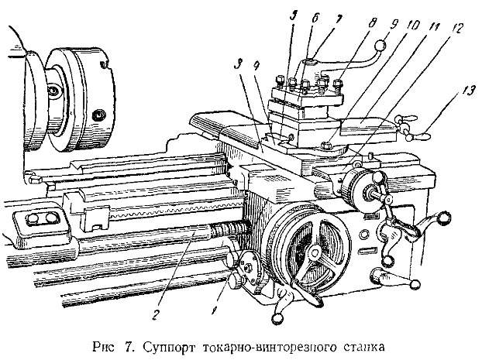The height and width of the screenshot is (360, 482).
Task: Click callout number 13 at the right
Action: point(467,91)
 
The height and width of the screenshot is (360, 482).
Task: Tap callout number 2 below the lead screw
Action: point(156,314)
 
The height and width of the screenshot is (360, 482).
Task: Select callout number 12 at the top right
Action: point(456,29)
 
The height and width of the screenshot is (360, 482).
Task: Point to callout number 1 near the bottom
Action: point(214,310)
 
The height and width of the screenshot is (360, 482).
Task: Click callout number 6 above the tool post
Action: point(315,19)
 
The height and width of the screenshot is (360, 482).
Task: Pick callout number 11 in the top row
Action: point(434,27)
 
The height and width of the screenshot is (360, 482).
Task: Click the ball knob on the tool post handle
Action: point(380,46)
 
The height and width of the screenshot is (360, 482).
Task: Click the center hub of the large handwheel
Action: point(314,252)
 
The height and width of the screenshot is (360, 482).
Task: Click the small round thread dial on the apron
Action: point(250,266)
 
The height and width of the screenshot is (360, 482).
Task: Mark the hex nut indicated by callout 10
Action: point(325,144)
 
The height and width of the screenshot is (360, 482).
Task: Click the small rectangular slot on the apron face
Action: point(367,251)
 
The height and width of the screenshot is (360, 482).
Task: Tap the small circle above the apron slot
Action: point(363,235)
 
